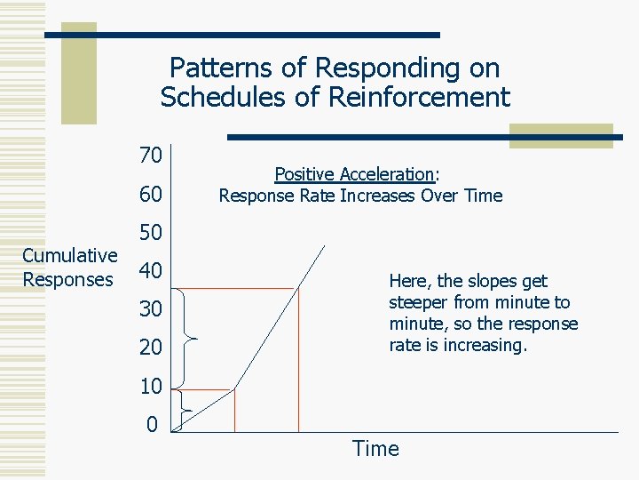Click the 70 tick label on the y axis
pyautogui.click(x=150, y=156)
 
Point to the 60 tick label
pyautogui.click(x=150, y=195)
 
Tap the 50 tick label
pyautogui.click(x=150, y=233)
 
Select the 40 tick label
pyautogui.click(x=150, y=271)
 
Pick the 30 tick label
pyautogui.click(x=150, y=309)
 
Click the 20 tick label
pyautogui.click(x=150, y=348)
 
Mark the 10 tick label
pyautogui.click(x=150, y=387)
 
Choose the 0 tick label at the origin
pyautogui.click(x=153, y=424)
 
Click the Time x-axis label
pyautogui.click(x=375, y=449)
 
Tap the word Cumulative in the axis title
pyautogui.click(x=69, y=256)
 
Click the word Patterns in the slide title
pyautogui.click(x=216, y=68)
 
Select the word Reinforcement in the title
pyautogui.click(x=420, y=97)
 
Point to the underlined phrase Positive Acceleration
pyautogui.click(x=354, y=174)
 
